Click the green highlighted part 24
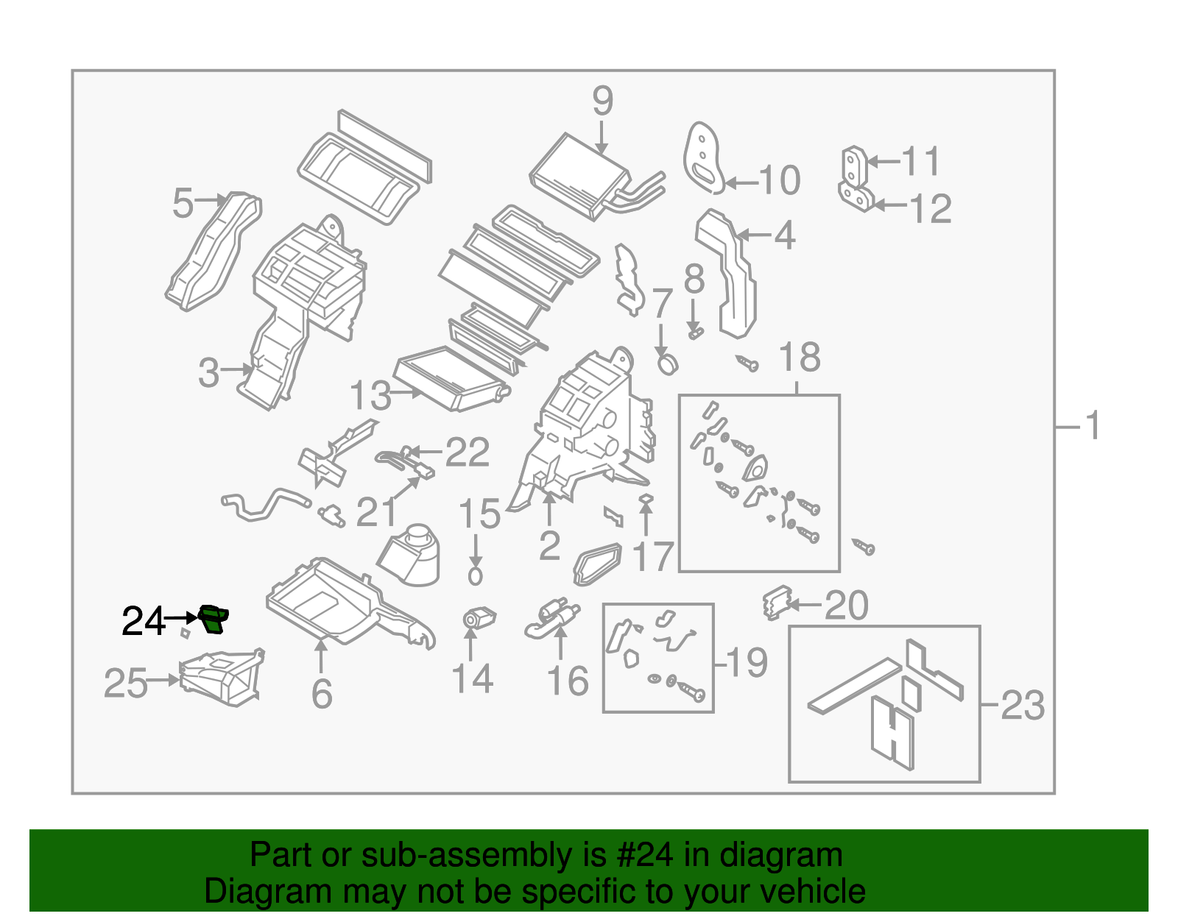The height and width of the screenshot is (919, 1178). (214, 619)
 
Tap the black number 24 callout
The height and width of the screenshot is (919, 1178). (144, 622)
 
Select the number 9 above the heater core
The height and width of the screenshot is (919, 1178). (602, 102)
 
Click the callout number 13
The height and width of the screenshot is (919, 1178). (370, 396)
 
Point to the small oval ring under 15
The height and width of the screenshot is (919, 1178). (475, 575)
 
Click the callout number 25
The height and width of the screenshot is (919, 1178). (125, 684)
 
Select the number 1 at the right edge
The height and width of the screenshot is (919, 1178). (1093, 426)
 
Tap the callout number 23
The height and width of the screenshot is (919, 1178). (1023, 706)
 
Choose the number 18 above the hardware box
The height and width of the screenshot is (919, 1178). (799, 358)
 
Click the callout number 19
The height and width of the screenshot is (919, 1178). (747, 662)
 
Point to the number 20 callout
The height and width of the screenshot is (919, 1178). (846, 606)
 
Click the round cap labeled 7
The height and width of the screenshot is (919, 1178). (667, 363)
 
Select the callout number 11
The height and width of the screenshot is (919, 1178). (921, 161)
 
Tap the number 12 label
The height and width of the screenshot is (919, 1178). (931, 209)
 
